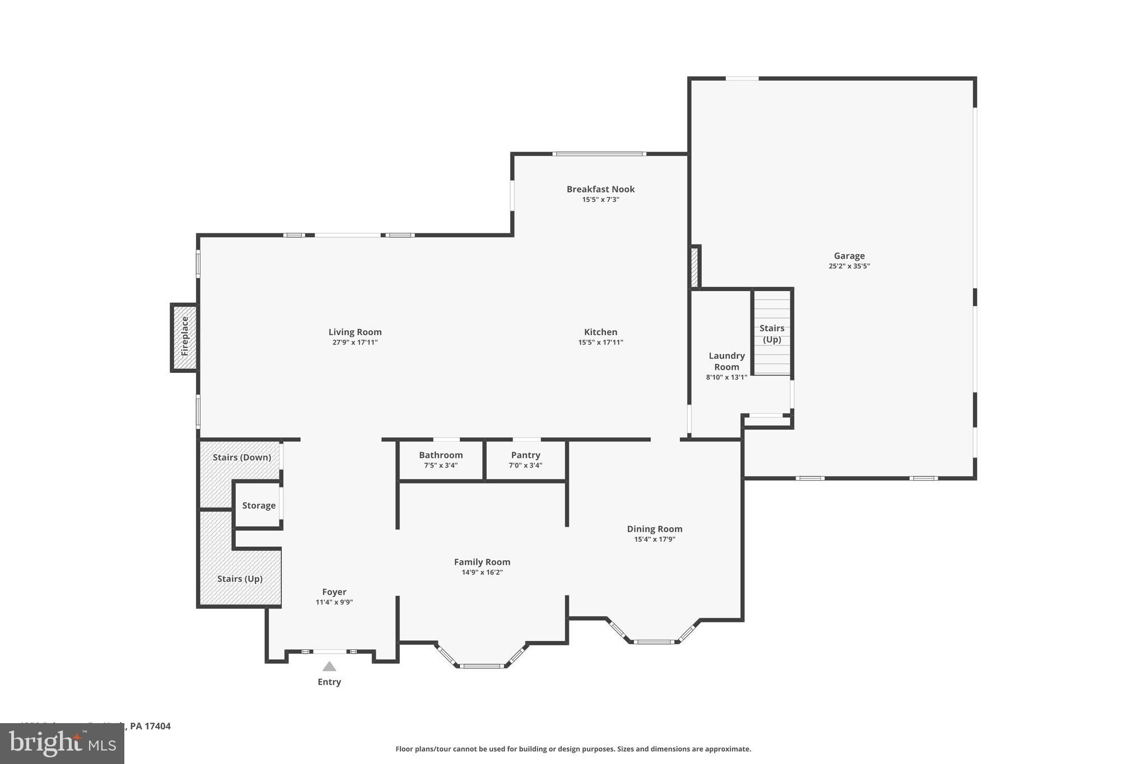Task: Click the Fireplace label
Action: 185,336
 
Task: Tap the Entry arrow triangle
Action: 329,667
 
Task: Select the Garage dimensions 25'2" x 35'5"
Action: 849,266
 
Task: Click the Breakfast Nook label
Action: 600,189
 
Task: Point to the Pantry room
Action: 525,460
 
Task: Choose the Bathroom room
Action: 441,460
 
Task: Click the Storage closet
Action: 258,505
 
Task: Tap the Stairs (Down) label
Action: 242,457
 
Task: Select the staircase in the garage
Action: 772,334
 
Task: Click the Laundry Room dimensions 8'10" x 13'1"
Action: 726,377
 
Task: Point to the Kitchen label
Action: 600,332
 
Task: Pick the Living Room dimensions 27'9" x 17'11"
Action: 355,343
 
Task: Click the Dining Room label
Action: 654,529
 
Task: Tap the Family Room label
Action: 482,562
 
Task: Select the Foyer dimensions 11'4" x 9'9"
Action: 334,602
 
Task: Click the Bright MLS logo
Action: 62,743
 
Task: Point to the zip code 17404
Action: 157,726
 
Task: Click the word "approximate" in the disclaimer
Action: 728,749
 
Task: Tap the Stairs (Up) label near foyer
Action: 240,579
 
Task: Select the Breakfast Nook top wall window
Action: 599,154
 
